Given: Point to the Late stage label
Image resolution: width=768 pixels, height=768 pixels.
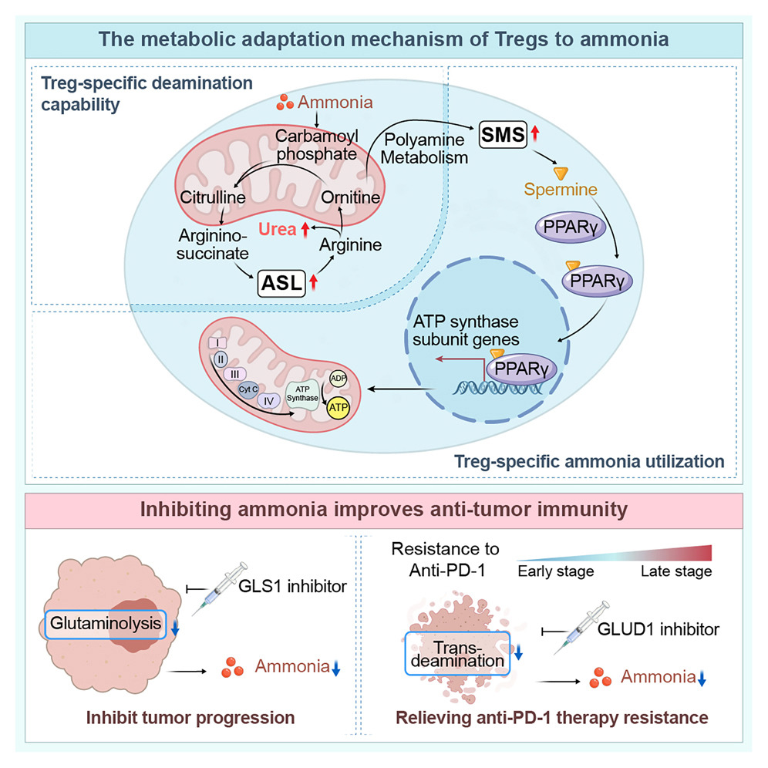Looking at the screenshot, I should pyautogui.click(x=676, y=571).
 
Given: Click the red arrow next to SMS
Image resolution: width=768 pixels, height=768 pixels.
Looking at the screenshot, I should pyautogui.click(x=534, y=136).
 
